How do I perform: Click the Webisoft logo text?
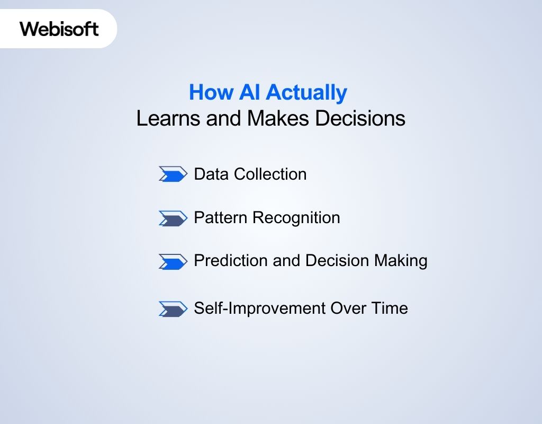(x=59, y=29)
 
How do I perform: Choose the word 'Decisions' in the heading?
(x=360, y=118)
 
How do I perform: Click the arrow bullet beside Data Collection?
(x=173, y=174)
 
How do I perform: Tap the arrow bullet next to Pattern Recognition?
(x=173, y=218)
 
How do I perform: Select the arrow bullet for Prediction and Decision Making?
(x=173, y=261)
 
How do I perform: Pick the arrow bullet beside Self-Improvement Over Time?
(x=173, y=308)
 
